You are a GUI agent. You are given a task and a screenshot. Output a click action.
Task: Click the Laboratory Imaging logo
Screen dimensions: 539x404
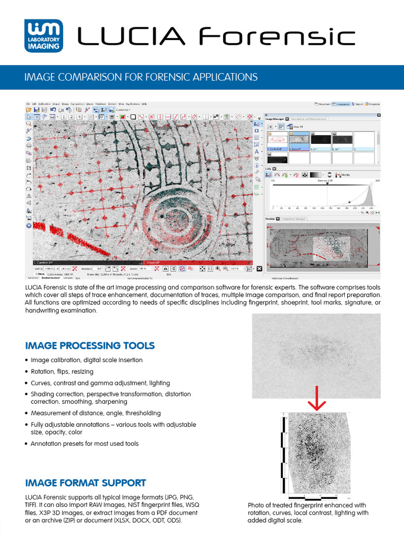pos(44,36)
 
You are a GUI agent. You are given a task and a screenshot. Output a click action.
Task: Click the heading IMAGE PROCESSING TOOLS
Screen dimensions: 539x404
pos(90,346)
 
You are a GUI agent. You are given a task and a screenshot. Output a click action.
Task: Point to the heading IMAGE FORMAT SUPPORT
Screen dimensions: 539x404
pos(86,483)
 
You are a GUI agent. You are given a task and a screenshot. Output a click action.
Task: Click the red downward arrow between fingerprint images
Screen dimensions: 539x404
pos(316,398)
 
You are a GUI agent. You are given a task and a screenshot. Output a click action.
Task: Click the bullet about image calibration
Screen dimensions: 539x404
pos(86,360)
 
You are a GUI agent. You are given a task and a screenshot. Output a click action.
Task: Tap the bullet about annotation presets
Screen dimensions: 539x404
pos(84,444)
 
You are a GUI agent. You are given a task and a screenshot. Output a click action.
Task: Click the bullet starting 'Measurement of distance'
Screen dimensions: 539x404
pos(95,413)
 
